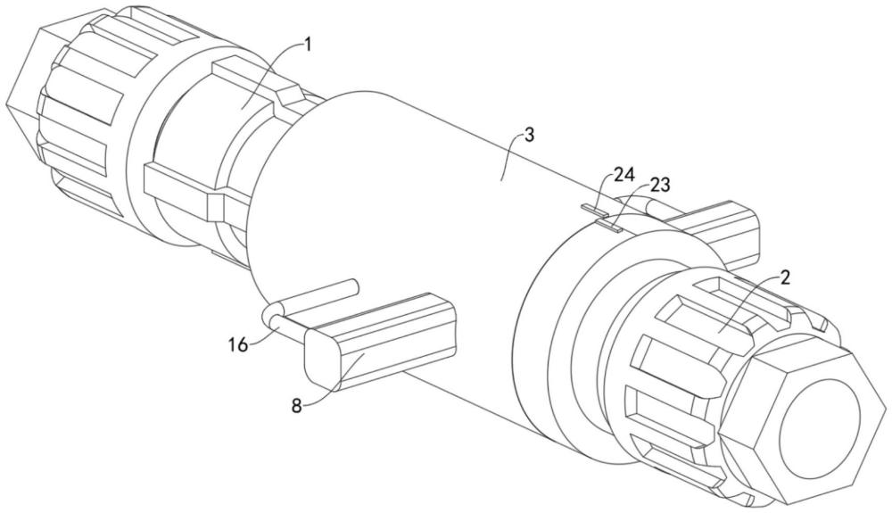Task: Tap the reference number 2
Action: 784,278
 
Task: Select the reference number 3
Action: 529,136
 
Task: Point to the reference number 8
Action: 296,406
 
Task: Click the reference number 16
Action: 239,344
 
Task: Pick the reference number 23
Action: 660,185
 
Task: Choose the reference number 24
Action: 624,174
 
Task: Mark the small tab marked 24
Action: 594,210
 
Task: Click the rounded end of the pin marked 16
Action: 272,315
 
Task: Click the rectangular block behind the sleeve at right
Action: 720,233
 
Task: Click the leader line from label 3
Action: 511,157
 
